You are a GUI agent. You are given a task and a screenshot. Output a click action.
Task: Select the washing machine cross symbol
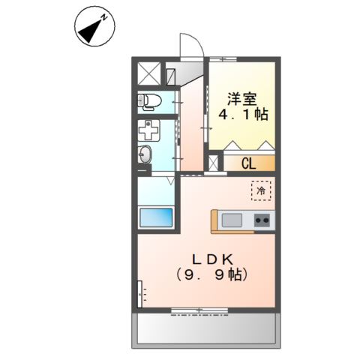pos(149,129)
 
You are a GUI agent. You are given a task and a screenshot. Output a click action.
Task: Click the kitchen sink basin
pos(232,220)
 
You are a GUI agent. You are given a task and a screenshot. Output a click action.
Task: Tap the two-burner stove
pos(262,220)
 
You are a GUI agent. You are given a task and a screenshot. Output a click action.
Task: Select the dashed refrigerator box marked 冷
pos(261,191)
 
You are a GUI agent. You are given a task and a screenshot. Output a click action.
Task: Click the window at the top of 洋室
pos(225,60)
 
